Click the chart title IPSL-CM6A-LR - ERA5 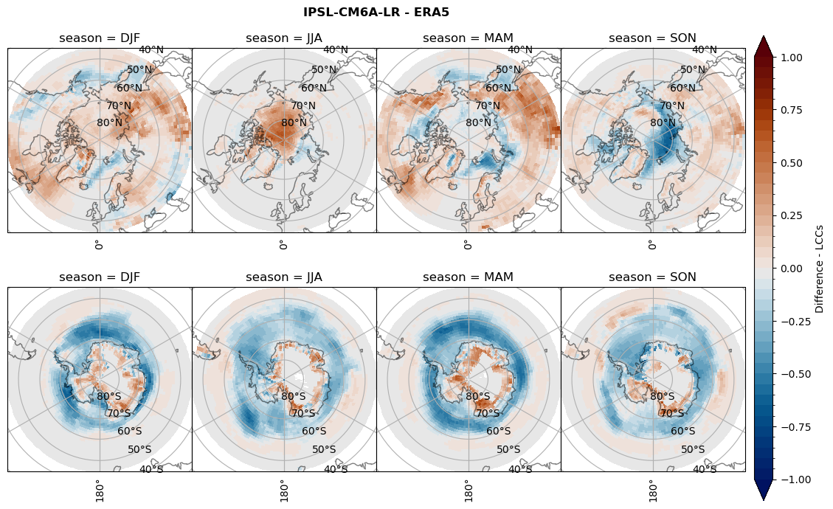click(376, 12)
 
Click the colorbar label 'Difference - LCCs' click(820, 268)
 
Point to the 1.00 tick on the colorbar click(792, 57)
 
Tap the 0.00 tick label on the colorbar click(792, 269)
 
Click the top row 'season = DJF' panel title click(100, 38)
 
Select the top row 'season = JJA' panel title click(284, 38)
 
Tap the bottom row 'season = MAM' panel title click(469, 277)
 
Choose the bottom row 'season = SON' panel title click(653, 277)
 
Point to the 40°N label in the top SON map click(705, 50)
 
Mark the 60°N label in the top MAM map click(498, 88)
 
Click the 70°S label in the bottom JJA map click(303, 413)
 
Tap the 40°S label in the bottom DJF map click(151, 469)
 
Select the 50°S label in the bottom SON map click(693, 449)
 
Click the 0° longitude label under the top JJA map click(283, 245)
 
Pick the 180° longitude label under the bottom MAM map click(468, 489)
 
